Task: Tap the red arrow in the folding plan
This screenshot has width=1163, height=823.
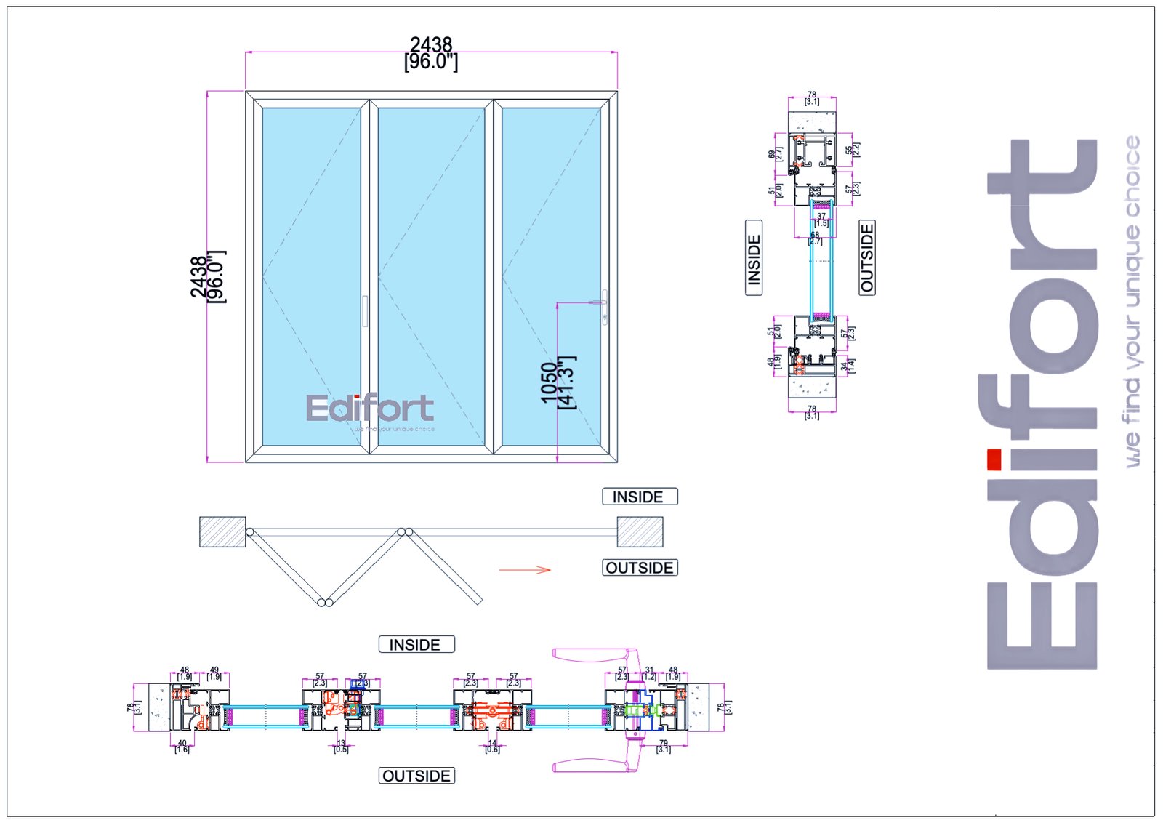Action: coord(525,569)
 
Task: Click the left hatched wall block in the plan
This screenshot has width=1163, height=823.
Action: coord(222,531)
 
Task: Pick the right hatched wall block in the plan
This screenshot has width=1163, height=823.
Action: coord(640,531)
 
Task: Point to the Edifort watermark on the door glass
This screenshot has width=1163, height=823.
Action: coord(370,410)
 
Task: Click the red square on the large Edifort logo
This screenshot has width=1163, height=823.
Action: coord(994,459)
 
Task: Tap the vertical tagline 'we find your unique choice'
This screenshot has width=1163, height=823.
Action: coord(1132,302)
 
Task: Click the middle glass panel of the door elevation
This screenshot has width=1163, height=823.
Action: coord(431,276)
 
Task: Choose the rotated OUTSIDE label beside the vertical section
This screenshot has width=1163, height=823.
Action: coord(867,257)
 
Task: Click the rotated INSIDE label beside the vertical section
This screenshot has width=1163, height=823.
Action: coord(754,258)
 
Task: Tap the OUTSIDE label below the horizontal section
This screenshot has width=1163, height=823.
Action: coord(416,776)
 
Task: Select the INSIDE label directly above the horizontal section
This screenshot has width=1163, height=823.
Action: coord(416,644)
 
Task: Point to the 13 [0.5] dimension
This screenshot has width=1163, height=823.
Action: coord(341,746)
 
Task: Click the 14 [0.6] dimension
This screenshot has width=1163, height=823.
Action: coord(492,746)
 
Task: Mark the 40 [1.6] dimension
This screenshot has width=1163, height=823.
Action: coord(182,746)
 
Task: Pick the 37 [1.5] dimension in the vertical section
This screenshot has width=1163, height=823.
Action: coord(821,220)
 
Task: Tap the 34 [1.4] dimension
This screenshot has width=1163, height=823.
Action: coord(848,366)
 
